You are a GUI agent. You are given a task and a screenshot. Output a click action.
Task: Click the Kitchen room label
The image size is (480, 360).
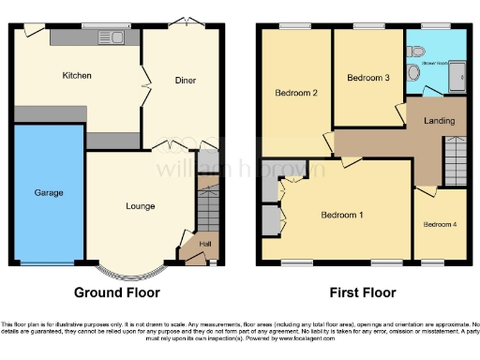click(77, 75)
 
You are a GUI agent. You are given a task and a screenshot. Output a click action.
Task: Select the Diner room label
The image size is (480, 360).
click(185, 81)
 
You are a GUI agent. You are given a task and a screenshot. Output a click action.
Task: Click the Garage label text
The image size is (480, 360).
click(49, 192)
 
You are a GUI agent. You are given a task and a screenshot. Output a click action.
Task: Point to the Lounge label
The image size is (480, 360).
click(141, 205)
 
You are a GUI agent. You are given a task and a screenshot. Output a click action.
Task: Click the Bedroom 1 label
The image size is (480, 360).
click(342, 215)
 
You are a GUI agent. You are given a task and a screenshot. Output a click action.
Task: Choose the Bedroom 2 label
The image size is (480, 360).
click(295, 93)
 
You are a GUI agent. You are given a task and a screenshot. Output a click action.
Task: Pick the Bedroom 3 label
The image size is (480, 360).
click(367, 78)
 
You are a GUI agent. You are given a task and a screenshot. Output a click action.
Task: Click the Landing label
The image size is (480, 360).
click(440, 121)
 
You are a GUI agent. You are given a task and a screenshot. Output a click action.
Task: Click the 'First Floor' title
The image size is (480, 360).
click(363, 292)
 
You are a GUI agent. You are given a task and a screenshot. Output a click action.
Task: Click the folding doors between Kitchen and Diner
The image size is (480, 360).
click(142, 84)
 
